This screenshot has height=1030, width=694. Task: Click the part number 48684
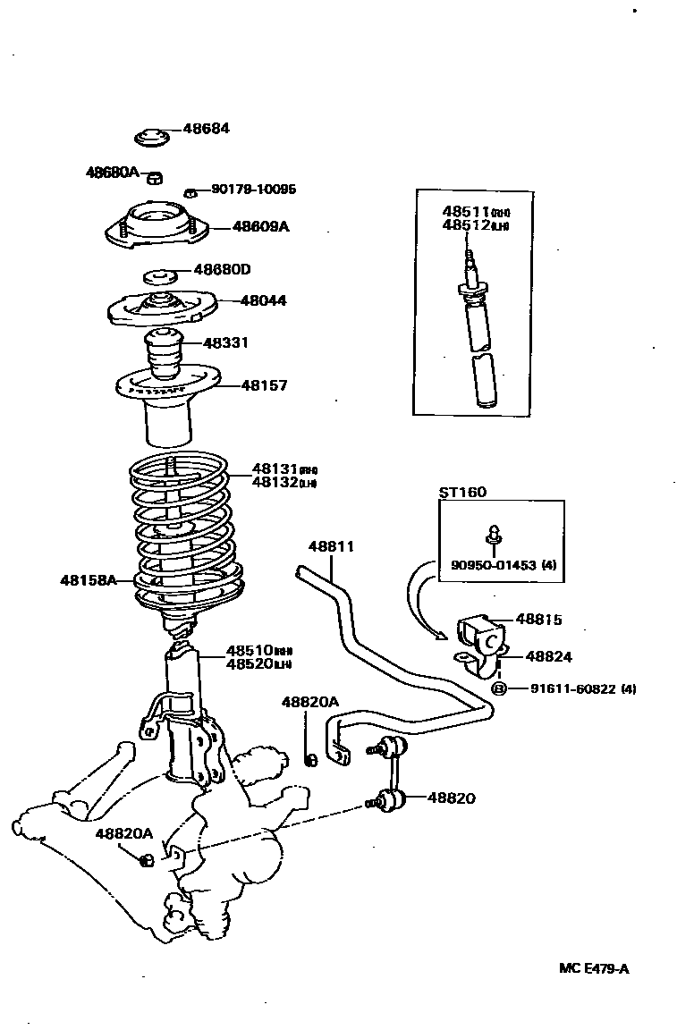coord(206,129)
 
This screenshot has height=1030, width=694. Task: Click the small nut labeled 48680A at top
coord(154,175)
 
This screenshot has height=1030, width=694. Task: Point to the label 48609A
coord(260,227)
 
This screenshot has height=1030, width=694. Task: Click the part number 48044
coord(263,300)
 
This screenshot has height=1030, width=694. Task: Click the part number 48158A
coord(89,580)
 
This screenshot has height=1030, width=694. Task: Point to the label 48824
coord(548,656)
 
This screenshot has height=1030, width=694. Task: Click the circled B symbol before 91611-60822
coord(499,688)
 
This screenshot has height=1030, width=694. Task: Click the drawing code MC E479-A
coord(593,967)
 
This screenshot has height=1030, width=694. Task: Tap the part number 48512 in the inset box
coord(465,225)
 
